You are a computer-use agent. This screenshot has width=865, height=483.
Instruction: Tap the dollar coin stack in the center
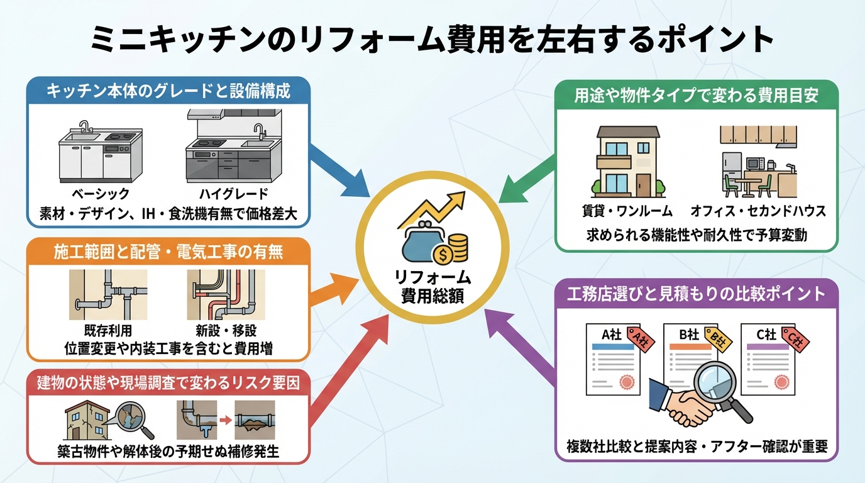click(x=455, y=248)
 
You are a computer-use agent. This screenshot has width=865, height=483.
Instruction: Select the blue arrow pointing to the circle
click(x=339, y=170)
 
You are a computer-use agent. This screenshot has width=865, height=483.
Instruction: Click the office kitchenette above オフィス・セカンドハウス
click(x=758, y=162)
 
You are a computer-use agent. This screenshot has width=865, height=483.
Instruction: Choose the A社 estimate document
click(x=612, y=358)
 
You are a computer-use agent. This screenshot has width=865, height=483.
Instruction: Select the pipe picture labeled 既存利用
click(x=108, y=295)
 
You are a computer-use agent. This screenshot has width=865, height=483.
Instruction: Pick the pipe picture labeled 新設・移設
click(x=226, y=295)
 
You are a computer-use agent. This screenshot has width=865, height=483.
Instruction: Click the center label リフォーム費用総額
click(x=432, y=287)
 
